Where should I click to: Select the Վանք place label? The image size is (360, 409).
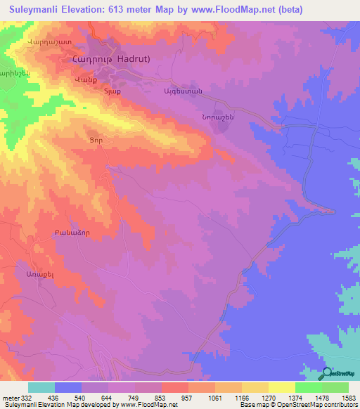(x=84, y=80)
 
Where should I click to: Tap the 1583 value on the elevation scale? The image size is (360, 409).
(x=347, y=398)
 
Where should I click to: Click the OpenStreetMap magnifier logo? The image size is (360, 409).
(x=326, y=373)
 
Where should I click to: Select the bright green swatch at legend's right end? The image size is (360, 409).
(x=335, y=387)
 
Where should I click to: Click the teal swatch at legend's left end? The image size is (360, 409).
(x=41, y=387)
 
